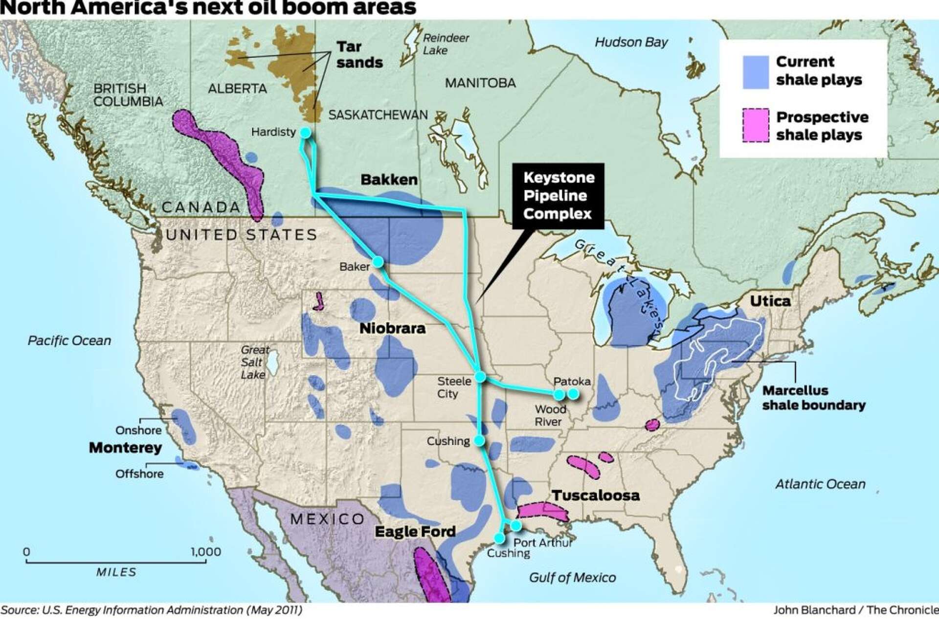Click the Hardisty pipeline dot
[x=305, y=133]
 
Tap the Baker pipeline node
[x=378, y=262]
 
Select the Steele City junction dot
[x=480, y=376]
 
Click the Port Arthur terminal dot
[x=516, y=525]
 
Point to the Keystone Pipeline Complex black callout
[x=558, y=196]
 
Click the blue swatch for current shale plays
[x=756, y=72]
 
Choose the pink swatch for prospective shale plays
[x=756, y=125]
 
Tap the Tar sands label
[x=359, y=54]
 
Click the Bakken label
[x=389, y=180]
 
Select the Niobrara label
[x=392, y=328]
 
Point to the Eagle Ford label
[x=415, y=531]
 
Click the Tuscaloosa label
[x=596, y=495]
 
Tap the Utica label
[x=770, y=300]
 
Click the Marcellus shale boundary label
[x=813, y=398]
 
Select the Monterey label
[x=125, y=448]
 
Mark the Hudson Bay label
[x=631, y=42]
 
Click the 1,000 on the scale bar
[x=205, y=552]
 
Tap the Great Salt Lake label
[x=254, y=363]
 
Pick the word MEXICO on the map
[x=327, y=519]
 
